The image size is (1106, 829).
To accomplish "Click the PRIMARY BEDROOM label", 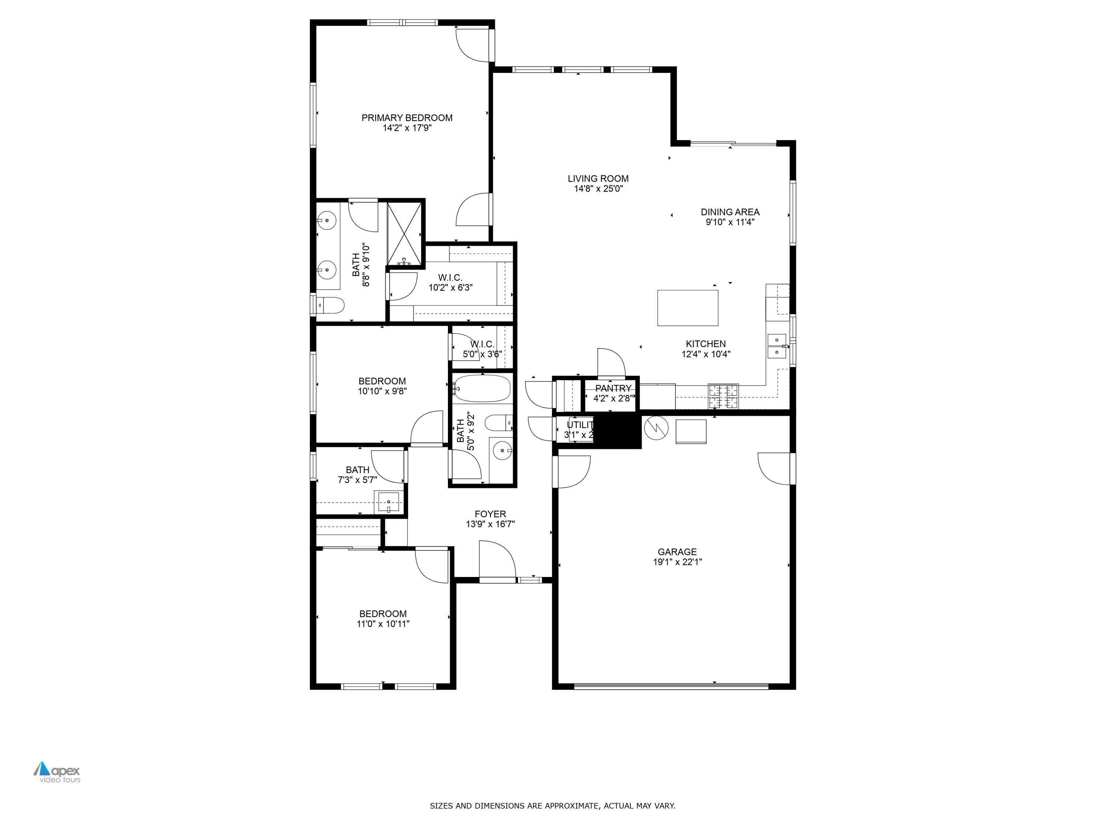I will click(407, 118).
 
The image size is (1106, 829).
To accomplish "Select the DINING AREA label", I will click(730, 212).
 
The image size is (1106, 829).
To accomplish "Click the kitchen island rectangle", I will click(688, 308).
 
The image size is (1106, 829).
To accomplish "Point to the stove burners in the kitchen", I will click(723, 396).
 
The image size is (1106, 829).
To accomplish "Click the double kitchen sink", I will click(776, 346).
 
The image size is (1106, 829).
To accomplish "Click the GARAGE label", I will click(677, 552).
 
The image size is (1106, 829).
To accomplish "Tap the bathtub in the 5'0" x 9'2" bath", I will click(482, 389).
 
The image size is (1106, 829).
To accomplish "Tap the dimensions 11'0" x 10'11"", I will click(383, 624).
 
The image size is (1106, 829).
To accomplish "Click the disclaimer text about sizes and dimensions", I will click(553, 805).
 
